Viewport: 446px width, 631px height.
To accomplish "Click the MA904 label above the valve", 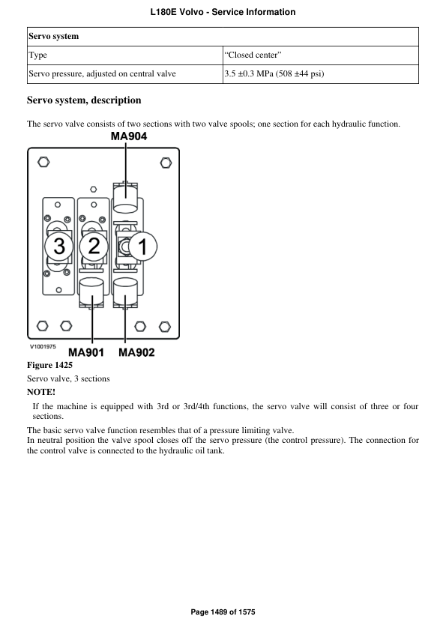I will pos(129,137).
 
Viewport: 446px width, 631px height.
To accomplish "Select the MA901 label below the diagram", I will pos(87,352).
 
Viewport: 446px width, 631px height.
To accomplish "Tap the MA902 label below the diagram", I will pos(137,352).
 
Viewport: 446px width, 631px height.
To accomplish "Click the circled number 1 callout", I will pos(145,245).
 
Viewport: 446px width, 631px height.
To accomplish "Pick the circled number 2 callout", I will pos(94,245).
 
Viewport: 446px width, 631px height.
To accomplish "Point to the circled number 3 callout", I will pos(58,245).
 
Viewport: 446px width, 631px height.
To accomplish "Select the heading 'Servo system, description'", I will pos(84,100).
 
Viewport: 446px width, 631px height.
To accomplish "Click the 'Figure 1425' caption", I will pos(49,365).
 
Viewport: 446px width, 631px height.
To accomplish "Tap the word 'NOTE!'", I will pos(41,392).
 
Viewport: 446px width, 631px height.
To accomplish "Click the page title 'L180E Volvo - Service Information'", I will pos(223,12).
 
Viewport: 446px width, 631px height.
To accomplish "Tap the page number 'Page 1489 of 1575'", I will pos(223,612).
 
